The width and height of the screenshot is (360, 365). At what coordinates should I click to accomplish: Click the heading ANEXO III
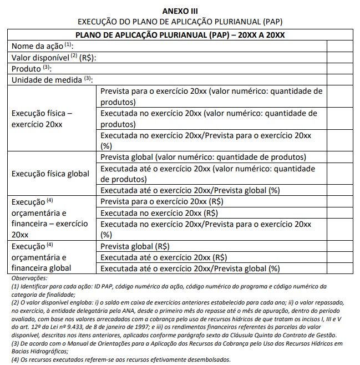[x=180, y=11]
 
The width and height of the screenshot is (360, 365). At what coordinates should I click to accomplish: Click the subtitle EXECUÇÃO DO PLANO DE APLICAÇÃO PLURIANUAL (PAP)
[x=180, y=22]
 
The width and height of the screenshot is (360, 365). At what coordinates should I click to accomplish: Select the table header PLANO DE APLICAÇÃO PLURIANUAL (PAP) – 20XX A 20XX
[x=180, y=34]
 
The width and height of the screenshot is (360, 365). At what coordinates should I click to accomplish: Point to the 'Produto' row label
[x=31, y=69]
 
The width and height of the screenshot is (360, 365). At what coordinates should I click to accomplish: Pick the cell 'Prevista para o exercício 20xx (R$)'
[x=161, y=201]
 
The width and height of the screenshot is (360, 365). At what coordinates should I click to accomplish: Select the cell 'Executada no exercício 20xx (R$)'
[x=159, y=212]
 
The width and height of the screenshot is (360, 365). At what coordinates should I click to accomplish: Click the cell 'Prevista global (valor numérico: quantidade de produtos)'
[x=203, y=156]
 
